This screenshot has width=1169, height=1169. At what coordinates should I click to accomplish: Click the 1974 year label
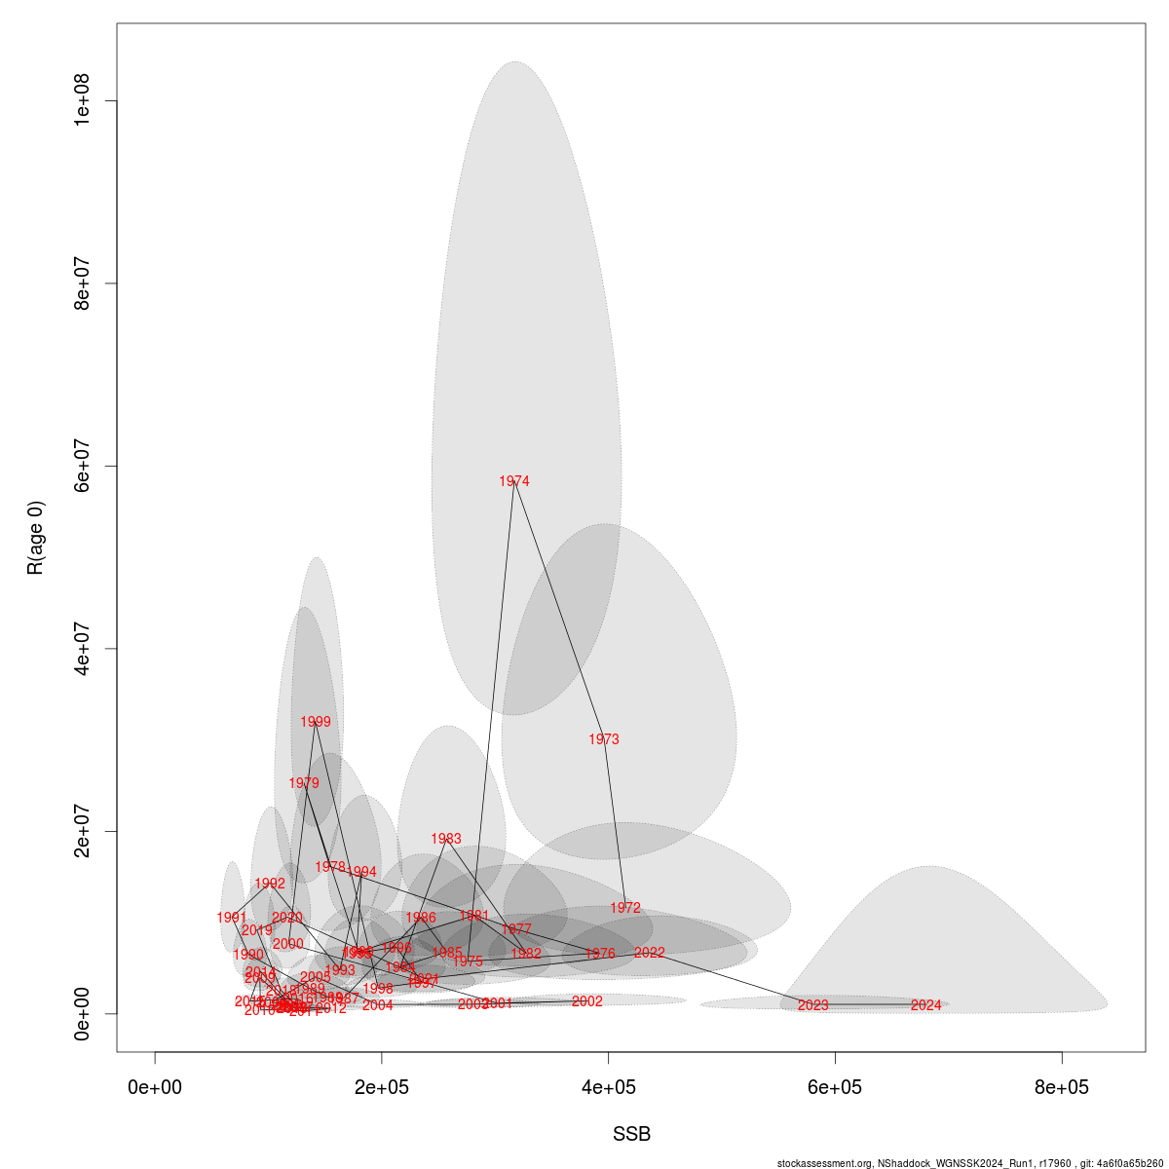click(x=514, y=481)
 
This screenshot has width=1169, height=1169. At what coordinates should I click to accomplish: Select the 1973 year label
click(x=604, y=739)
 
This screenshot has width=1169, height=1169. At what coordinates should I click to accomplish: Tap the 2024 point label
click(x=926, y=1005)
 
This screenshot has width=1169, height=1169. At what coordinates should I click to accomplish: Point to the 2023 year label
click(x=812, y=1005)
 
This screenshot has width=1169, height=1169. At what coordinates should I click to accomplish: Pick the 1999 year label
click(x=316, y=722)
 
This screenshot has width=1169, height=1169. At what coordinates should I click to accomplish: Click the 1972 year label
click(x=625, y=908)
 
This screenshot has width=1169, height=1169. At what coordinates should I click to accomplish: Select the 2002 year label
click(x=587, y=1001)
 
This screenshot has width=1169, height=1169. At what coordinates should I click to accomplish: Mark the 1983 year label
click(x=446, y=839)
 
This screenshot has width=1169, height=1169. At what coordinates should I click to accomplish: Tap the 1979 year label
click(x=304, y=783)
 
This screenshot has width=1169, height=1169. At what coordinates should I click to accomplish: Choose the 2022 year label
click(x=649, y=953)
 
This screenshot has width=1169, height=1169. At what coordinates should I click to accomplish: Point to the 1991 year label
click(x=232, y=918)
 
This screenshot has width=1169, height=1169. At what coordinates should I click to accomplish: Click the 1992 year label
click(x=270, y=884)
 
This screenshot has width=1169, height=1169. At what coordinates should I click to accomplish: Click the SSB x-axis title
click(x=631, y=1135)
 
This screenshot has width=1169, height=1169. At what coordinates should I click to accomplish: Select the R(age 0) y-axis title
click(x=36, y=538)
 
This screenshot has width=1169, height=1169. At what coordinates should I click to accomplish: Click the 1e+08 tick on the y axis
click(x=82, y=101)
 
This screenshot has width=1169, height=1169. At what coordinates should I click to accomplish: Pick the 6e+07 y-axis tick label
click(x=82, y=466)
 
